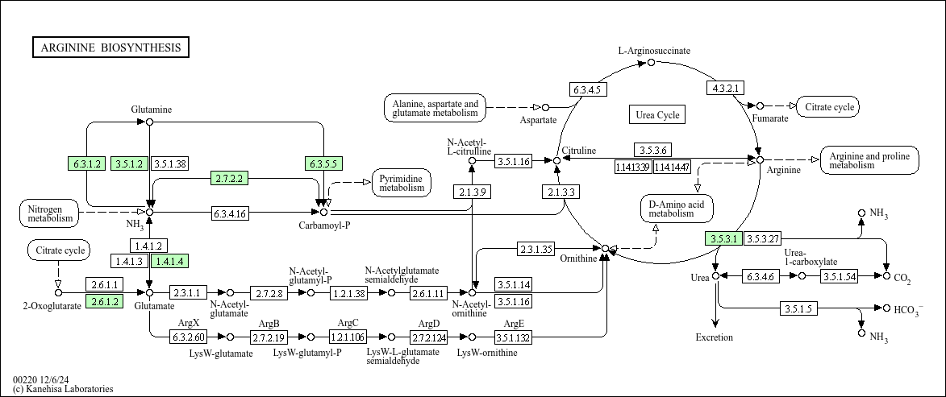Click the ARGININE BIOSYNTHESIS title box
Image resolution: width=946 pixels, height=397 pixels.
(110, 48)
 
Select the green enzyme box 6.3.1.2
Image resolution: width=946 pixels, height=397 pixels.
(87, 163)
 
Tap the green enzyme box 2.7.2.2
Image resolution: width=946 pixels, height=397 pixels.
(229, 178)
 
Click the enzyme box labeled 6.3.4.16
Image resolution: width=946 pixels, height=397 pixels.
(229, 213)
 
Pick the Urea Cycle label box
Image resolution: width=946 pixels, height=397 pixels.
(657, 114)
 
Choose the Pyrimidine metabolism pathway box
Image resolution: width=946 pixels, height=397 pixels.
(402, 183)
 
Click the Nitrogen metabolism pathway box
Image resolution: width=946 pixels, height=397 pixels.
(49, 213)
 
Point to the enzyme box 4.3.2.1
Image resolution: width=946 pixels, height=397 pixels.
(725, 88)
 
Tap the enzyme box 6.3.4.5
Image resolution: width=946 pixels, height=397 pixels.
(588, 89)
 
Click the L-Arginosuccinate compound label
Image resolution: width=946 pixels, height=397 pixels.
(654, 51)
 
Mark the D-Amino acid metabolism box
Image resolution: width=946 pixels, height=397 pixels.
(677, 209)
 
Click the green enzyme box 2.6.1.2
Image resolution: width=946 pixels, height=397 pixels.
(104, 301)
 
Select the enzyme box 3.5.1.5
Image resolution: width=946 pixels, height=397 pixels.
(798, 308)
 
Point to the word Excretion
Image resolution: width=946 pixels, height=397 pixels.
(715, 337)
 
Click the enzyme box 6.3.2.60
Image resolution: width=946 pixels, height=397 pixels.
(188, 336)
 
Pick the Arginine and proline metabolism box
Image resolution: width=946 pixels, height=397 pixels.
(869, 160)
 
